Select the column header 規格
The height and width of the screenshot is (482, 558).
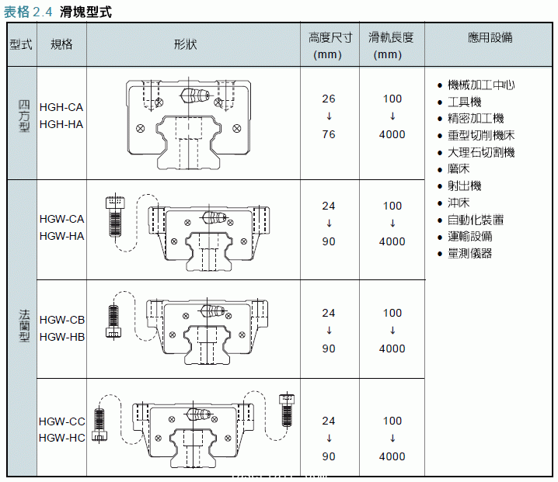point(61,44)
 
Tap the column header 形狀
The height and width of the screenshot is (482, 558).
point(185,44)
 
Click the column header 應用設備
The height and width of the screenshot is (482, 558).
point(490,37)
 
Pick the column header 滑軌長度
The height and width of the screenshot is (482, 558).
point(392,37)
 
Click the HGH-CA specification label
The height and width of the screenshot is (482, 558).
point(61,107)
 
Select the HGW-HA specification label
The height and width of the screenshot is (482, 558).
point(61,236)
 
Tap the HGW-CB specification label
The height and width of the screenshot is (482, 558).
point(61,320)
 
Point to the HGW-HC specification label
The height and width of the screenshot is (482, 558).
point(61,438)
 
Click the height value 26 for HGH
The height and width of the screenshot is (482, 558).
point(329,99)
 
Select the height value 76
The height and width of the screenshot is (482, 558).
point(329,134)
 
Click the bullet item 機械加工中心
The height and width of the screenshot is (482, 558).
point(481,85)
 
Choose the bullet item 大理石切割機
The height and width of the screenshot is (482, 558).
point(481,152)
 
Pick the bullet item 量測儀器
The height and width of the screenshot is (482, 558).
point(470,253)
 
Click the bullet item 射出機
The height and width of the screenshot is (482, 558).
point(465,186)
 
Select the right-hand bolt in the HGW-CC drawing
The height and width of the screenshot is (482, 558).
point(286,411)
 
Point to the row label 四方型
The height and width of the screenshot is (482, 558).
point(23,116)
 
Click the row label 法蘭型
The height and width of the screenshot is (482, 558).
point(23,326)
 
